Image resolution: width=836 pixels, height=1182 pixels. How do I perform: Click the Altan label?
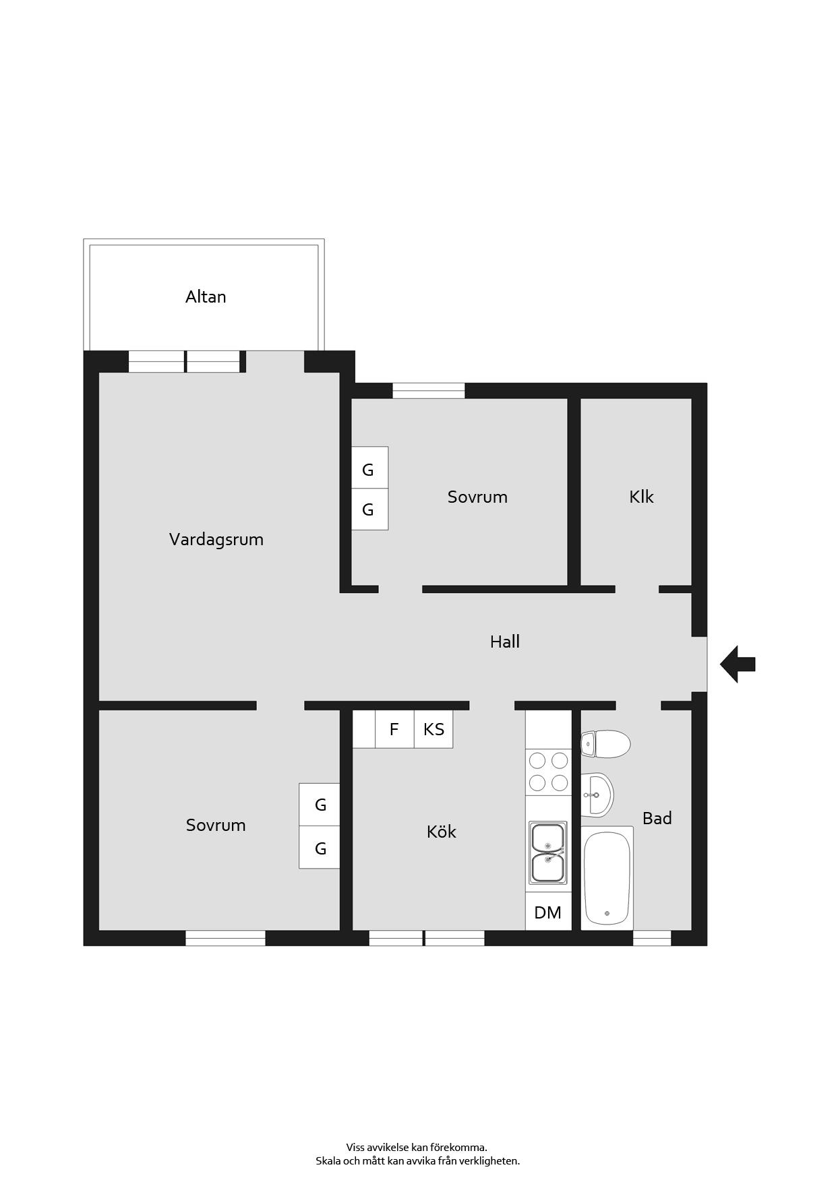206,297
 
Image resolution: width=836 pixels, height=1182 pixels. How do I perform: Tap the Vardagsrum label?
216,539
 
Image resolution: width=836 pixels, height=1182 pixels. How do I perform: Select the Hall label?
504,642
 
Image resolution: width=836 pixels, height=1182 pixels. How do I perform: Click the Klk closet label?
641,497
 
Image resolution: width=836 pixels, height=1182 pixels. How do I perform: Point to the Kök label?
441,832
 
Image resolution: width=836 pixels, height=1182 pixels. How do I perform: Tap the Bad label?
657,818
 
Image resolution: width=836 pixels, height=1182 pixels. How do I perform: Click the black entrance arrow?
738,664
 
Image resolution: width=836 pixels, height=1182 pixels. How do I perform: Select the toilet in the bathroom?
605,744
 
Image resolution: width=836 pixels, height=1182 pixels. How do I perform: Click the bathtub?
607,878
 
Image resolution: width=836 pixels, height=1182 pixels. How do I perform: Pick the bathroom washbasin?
597,795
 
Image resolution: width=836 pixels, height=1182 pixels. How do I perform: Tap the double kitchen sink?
547,852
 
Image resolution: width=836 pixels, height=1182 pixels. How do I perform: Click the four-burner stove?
548,772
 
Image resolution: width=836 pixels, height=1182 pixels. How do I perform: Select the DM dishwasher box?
548,912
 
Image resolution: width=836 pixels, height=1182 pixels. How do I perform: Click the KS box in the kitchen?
434,728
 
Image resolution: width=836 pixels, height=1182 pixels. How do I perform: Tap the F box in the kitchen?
394,728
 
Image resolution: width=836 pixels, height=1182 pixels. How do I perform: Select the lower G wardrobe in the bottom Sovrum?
320,847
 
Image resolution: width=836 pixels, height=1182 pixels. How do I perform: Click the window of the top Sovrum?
429,391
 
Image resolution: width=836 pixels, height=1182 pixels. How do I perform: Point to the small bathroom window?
652,938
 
